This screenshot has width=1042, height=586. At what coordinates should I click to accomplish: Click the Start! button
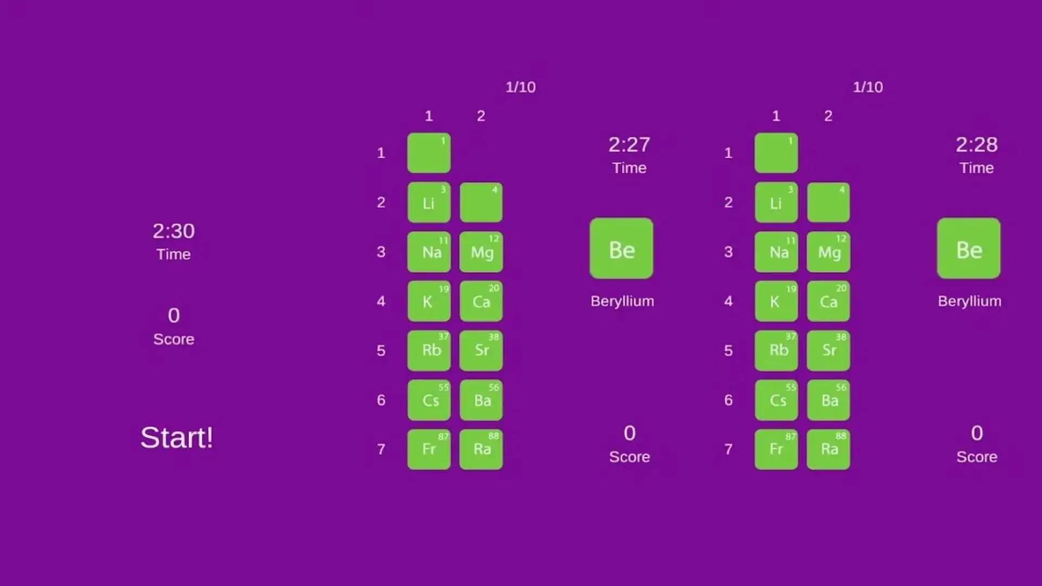point(176,437)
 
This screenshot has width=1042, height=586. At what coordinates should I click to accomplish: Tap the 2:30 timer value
point(174,231)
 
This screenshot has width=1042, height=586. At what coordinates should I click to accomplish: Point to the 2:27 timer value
point(629,145)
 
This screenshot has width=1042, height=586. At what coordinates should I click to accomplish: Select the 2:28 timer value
point(976,145)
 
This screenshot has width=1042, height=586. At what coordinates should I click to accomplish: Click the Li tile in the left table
point(429,202)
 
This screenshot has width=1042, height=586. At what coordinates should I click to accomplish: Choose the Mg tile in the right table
point(828,252)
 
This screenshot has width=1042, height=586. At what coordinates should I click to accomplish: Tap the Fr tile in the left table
point(429,449)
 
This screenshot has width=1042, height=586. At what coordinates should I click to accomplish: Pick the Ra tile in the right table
point(828,449)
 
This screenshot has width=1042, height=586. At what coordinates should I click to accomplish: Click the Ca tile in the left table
point(481,301)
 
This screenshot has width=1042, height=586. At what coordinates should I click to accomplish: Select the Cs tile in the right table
point(776,400)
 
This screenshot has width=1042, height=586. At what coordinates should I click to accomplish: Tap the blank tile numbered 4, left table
point(481,202)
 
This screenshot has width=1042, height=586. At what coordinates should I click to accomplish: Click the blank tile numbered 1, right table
point(776,153)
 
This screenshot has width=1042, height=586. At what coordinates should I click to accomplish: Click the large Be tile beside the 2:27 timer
point(621,249)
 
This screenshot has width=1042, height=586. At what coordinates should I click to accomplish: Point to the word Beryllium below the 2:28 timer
point(969,301)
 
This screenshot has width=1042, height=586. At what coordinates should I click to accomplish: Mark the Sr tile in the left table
point(481,351)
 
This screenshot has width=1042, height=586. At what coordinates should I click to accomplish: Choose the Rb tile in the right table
point(776,351)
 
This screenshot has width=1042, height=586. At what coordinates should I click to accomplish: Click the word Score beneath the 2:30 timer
point(174,339)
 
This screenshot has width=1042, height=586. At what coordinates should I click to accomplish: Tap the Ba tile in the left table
point(481,400)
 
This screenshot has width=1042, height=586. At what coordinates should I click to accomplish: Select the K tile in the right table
point(776,301)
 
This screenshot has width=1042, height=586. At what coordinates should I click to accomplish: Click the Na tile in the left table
point(429,252)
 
